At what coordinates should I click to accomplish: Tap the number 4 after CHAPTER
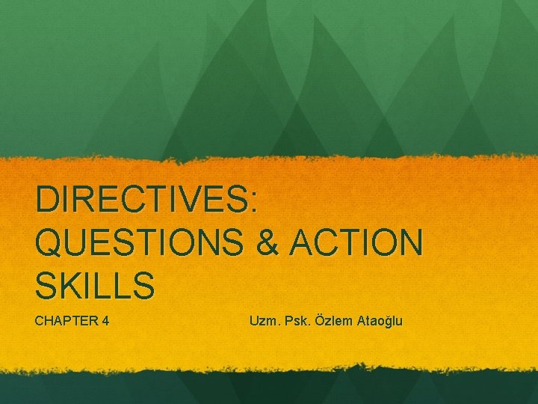point(107,322)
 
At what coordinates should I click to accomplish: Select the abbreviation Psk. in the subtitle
point(297,322)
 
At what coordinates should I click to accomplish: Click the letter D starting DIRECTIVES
point(46,201)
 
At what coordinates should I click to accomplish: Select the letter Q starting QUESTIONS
point(49,243)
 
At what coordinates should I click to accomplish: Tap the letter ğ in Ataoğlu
point(389,322)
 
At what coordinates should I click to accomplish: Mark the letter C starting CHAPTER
point(40,322)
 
